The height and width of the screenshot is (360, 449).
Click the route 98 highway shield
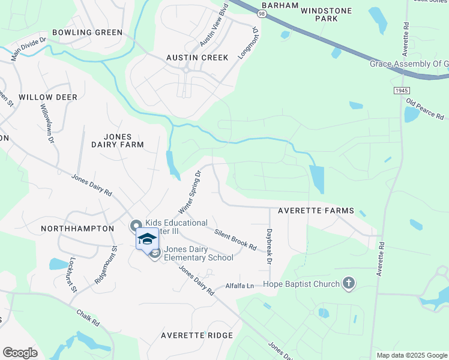coord(262,13)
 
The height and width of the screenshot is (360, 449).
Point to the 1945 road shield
coord(402,90)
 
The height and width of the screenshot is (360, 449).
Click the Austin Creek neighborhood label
coord(197,58)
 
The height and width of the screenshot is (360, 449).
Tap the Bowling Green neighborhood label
coord(87,32)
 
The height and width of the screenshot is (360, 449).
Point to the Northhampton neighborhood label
coord(77,229)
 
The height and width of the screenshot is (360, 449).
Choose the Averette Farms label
coord(316,211)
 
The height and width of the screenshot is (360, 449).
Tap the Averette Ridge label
coord(196,335)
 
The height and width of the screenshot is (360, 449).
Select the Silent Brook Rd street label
coord(235,239)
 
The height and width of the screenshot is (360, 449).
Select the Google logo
coord(20,353)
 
